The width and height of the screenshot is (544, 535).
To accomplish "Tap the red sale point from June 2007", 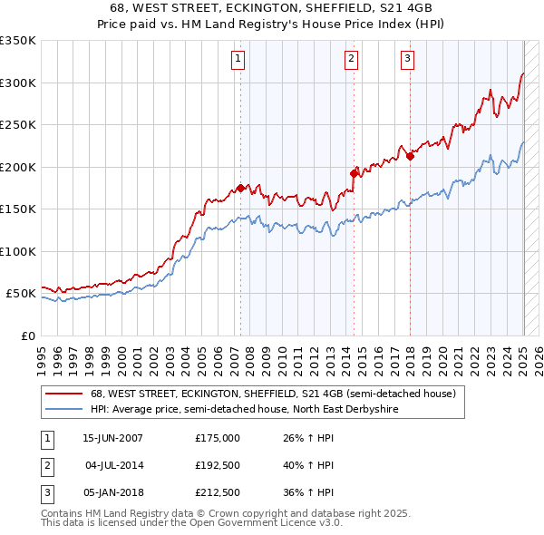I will point(240,189).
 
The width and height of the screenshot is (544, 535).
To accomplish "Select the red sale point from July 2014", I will point(354,172).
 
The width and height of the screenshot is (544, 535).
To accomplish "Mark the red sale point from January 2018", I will point(410,156).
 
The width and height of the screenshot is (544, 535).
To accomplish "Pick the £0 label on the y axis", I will point(26,336).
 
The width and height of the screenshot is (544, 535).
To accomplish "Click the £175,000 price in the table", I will point(218,438).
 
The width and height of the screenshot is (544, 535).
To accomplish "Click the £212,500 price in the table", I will point(218,494).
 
